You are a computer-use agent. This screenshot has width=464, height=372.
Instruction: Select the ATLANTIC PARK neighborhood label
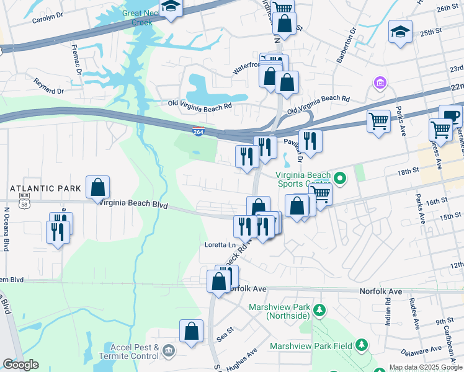click(45, 188)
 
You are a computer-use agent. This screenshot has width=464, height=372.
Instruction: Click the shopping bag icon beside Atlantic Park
click(98, 187)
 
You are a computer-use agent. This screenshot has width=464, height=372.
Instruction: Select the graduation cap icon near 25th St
click(400, 32)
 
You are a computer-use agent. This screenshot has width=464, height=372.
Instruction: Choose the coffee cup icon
click(450, 116)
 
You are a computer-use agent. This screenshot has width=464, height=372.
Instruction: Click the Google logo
click(21, 365)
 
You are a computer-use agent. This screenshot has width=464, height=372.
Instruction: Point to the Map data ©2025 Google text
click(426, 367)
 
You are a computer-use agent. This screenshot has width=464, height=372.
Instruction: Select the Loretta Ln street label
click(220, 245)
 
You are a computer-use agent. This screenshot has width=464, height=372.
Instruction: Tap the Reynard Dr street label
click(49, 86)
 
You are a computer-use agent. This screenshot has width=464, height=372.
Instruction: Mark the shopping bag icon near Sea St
click(192, 332)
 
